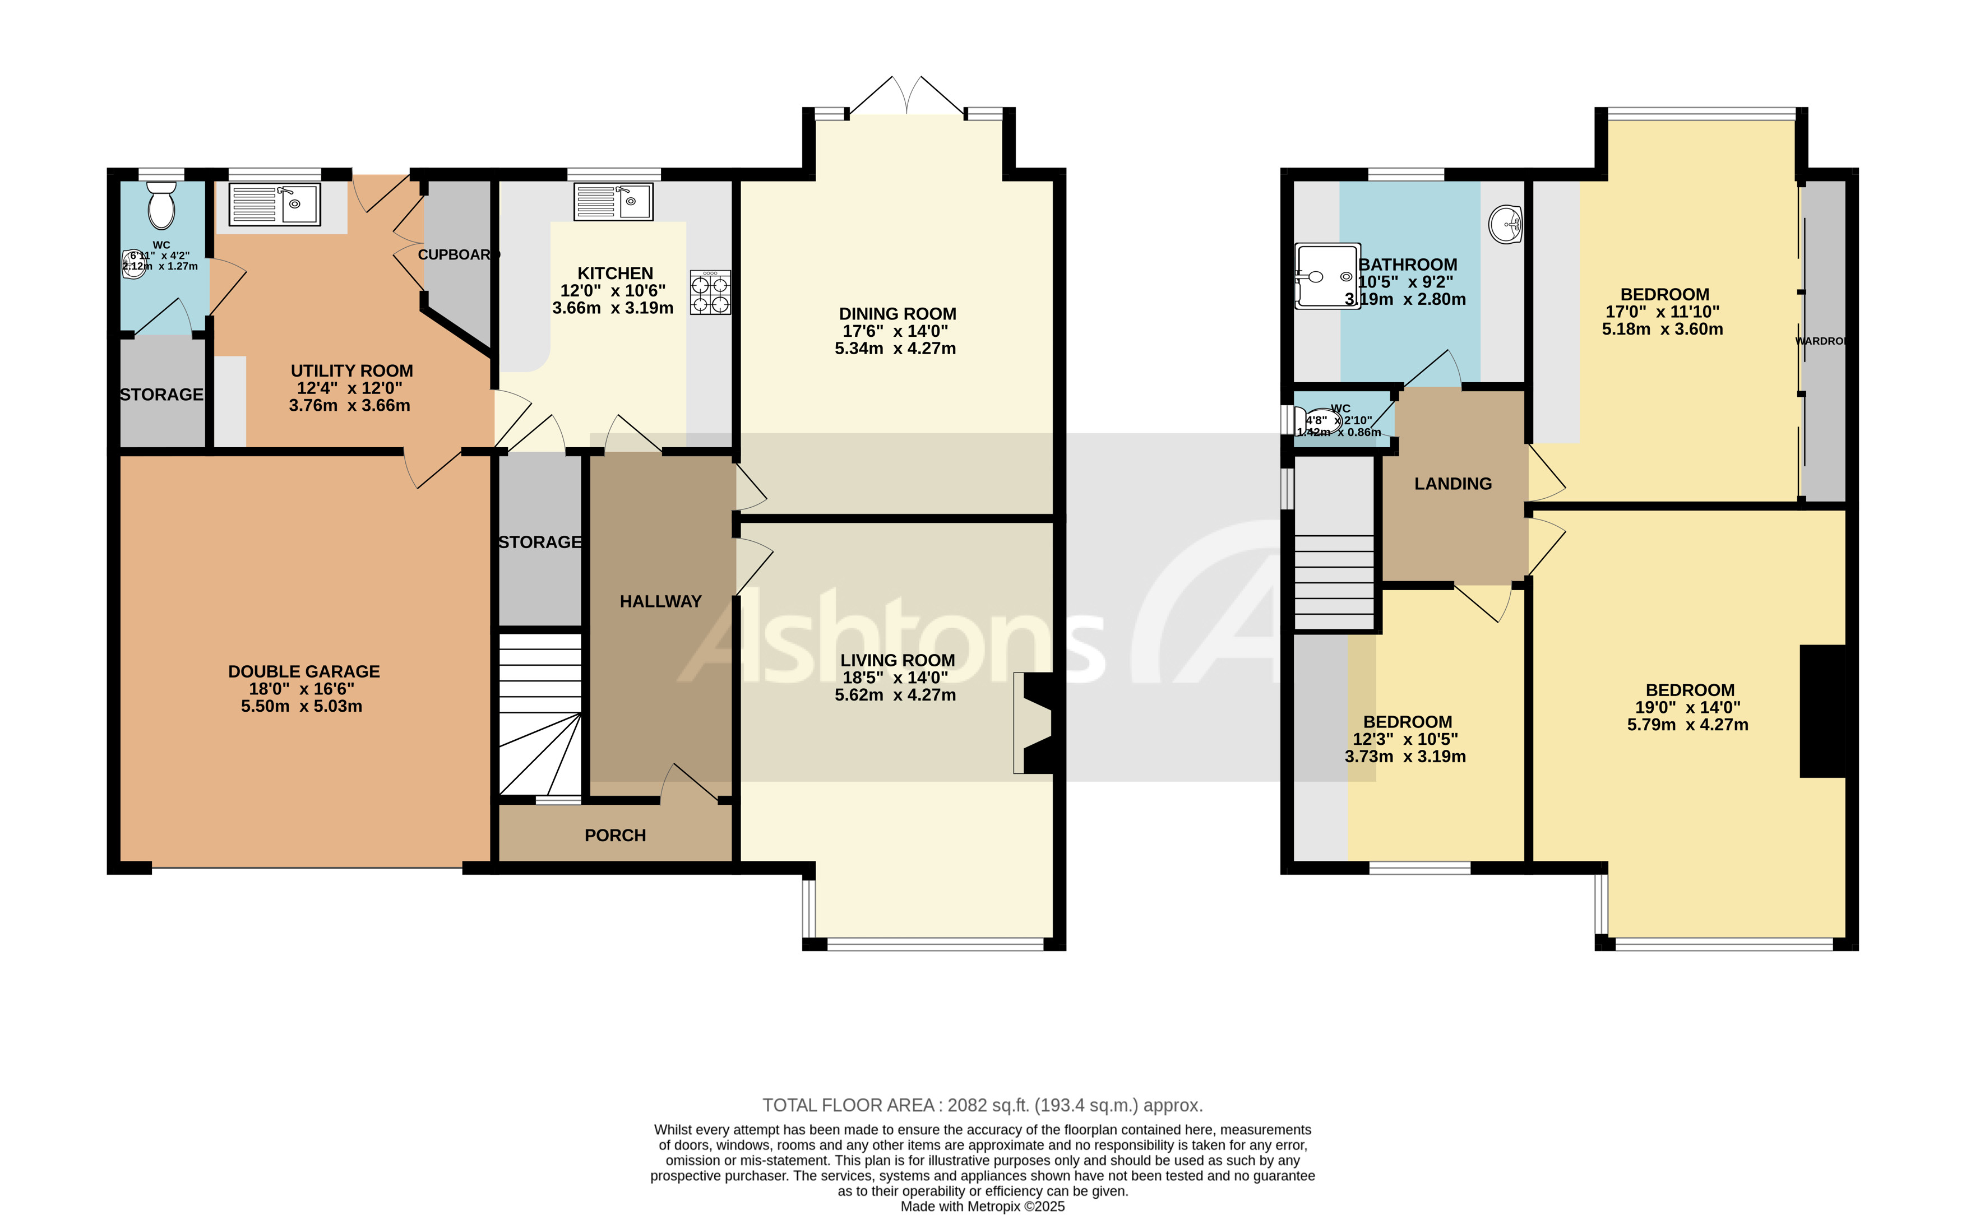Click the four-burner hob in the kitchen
710,293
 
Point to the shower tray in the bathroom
1327,276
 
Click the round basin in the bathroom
1505,224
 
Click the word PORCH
615,836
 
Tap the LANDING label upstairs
1452,484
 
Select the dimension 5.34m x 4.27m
895,349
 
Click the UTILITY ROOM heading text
351,371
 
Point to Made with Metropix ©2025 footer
982,1206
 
